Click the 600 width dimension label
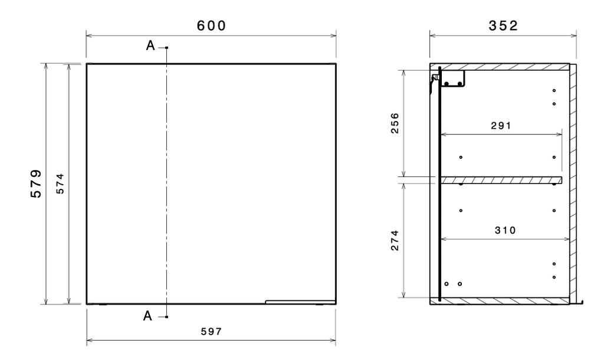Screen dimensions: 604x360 tap(211, 26)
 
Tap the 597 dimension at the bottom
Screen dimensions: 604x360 tap(212, 332)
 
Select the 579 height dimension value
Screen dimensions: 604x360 tap(36, 184)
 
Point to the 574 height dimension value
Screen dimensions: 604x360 tap(60, 184)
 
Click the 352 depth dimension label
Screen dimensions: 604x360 tap(503, 26)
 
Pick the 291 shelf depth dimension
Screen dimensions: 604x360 tap(501, 126)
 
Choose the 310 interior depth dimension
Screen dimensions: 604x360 tap(505, 231)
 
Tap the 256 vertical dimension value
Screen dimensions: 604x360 tap(395, 123)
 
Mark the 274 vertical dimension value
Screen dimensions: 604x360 tap(395, 240)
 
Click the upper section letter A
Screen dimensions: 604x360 tap(150, 46)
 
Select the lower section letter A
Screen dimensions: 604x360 tap(147, 316)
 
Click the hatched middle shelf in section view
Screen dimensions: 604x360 tap(501, 180)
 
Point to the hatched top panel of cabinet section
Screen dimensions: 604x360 tap(500, 67)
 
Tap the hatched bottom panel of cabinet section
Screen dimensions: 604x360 tap(500, 300)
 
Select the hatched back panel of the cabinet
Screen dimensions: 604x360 tap(573, 184)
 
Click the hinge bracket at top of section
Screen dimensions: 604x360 tap(449, 80)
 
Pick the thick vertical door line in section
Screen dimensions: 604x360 tap(439, 184)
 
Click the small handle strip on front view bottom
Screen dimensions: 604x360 tap(300, 302)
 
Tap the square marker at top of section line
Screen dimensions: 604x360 tap(166, 48)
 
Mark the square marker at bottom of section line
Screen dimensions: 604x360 tap(166, 317)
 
